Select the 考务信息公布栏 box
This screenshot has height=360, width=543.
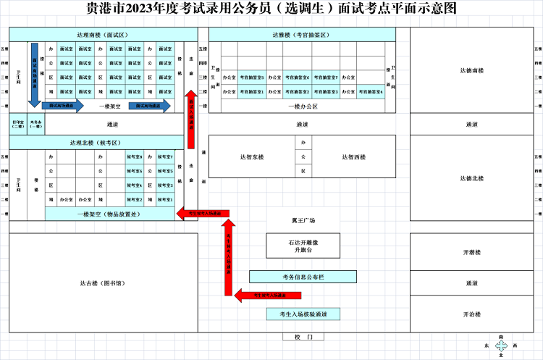303,277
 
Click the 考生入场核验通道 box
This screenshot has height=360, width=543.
303,314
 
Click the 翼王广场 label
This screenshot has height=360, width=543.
303,220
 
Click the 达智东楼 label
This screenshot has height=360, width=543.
252,156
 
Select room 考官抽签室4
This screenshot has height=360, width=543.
370,92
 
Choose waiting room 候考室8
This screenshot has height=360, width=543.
135,156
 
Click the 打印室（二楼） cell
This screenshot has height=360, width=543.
18,125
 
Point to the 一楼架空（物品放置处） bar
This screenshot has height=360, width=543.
110,214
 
